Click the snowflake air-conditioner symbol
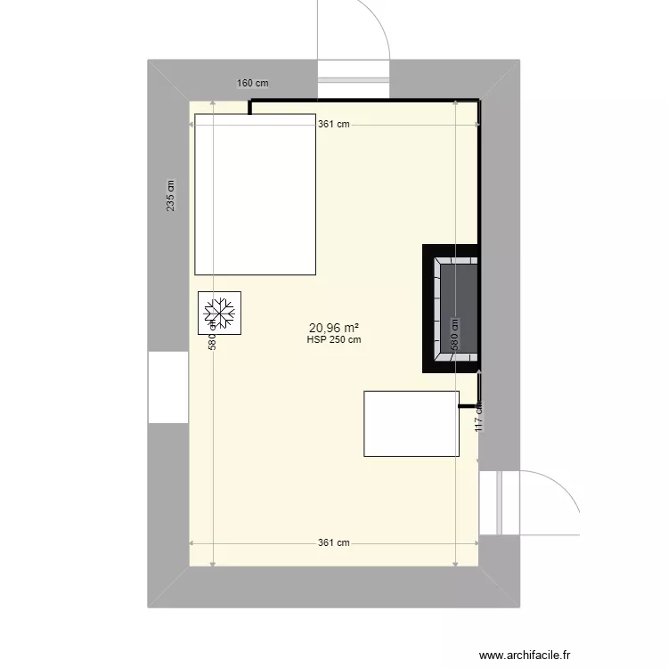point(219,313)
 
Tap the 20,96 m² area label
point(333,327)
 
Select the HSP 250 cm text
point(333,339)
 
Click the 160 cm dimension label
point(253,84)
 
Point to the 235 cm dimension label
point(171,197)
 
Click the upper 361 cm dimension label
point(333,125)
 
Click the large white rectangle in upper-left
point(256,194)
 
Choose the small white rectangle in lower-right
point(411,424)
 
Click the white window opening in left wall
point(168,387)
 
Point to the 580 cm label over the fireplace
point(454,335)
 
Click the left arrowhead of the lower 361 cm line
point(192,542)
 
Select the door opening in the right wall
point(498,503)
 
